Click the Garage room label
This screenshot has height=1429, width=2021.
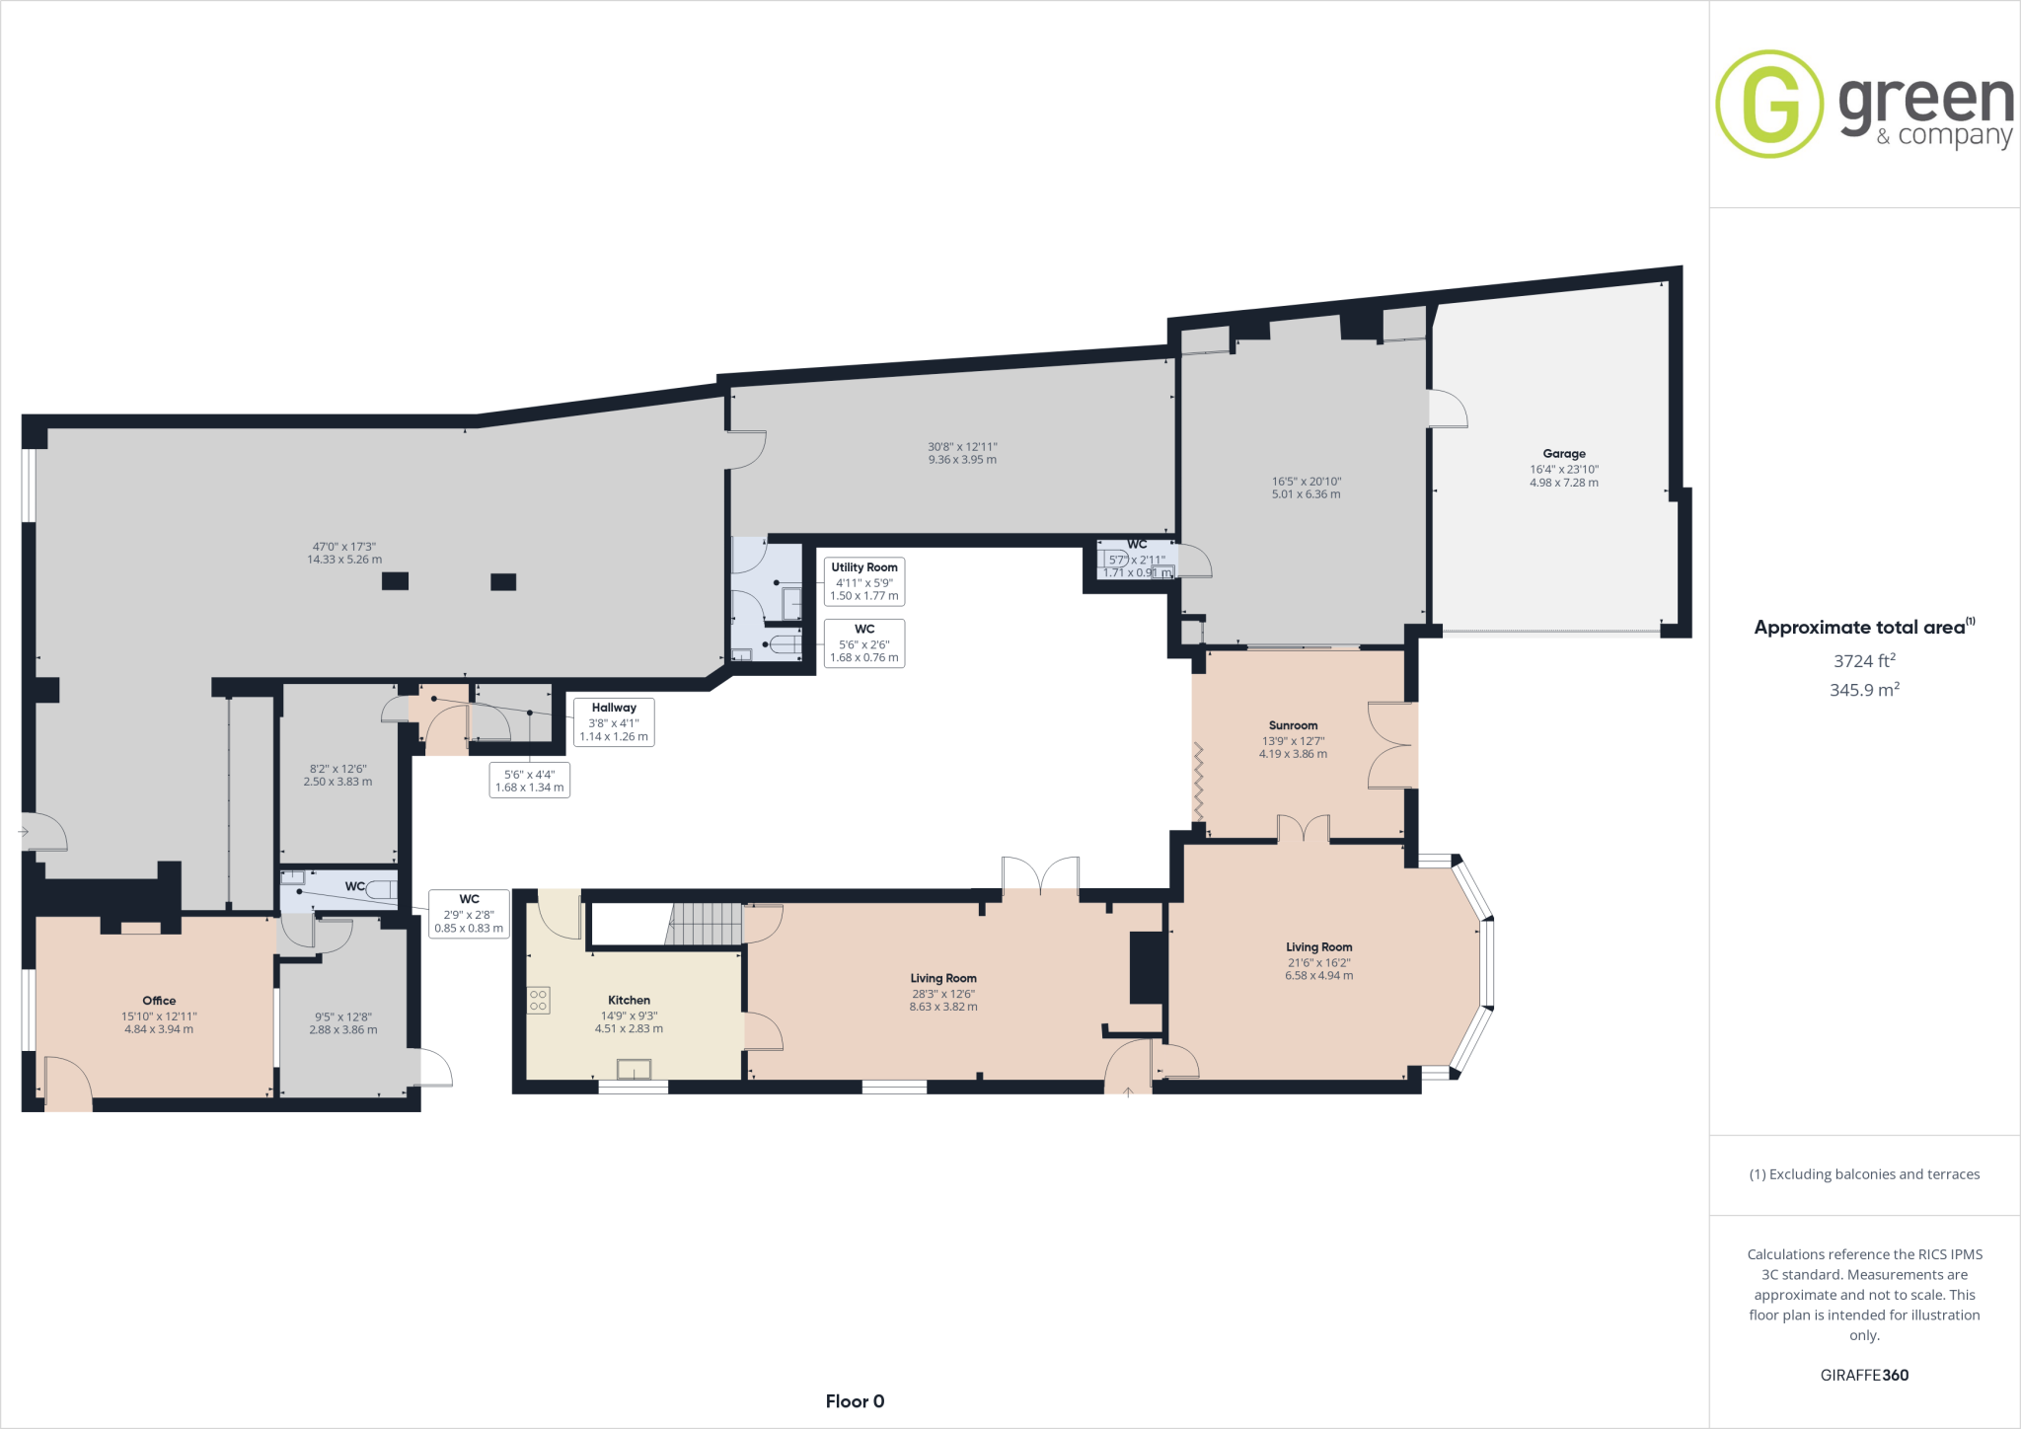coord(1563,454)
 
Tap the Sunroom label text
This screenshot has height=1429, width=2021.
coord(1293,725)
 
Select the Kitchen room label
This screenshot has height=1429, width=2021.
coord(629,1000)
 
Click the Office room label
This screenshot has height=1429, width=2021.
coord(159,1001)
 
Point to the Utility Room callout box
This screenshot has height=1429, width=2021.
coord(864,581)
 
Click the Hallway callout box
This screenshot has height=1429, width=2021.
coord(614,721)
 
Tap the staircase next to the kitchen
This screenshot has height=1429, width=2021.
coord(704,926)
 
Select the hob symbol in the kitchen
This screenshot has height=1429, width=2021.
coord(538,1000)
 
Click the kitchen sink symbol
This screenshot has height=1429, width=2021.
coord(634,1069)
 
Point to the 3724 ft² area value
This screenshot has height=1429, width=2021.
coord(1864,661)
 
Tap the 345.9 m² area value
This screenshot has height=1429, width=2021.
coord(1864,690)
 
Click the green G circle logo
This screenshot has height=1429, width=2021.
coord(1769,104)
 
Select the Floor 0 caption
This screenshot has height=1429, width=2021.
coord(855,1401)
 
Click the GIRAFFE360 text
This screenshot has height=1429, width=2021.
coord(1864,1375)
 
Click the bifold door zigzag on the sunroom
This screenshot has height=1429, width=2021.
coord(1199,781)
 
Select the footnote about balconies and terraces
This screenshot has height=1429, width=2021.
coord(1864,1174)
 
